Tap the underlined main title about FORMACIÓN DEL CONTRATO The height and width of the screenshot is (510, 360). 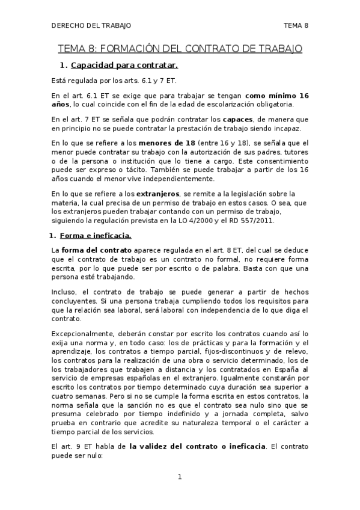[x=180, y=48]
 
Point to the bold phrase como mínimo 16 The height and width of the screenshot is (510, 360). [x=277, y=96]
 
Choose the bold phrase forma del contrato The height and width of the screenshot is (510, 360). [x=90, y=250]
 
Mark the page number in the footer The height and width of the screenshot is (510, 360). [x=180, y=477]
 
